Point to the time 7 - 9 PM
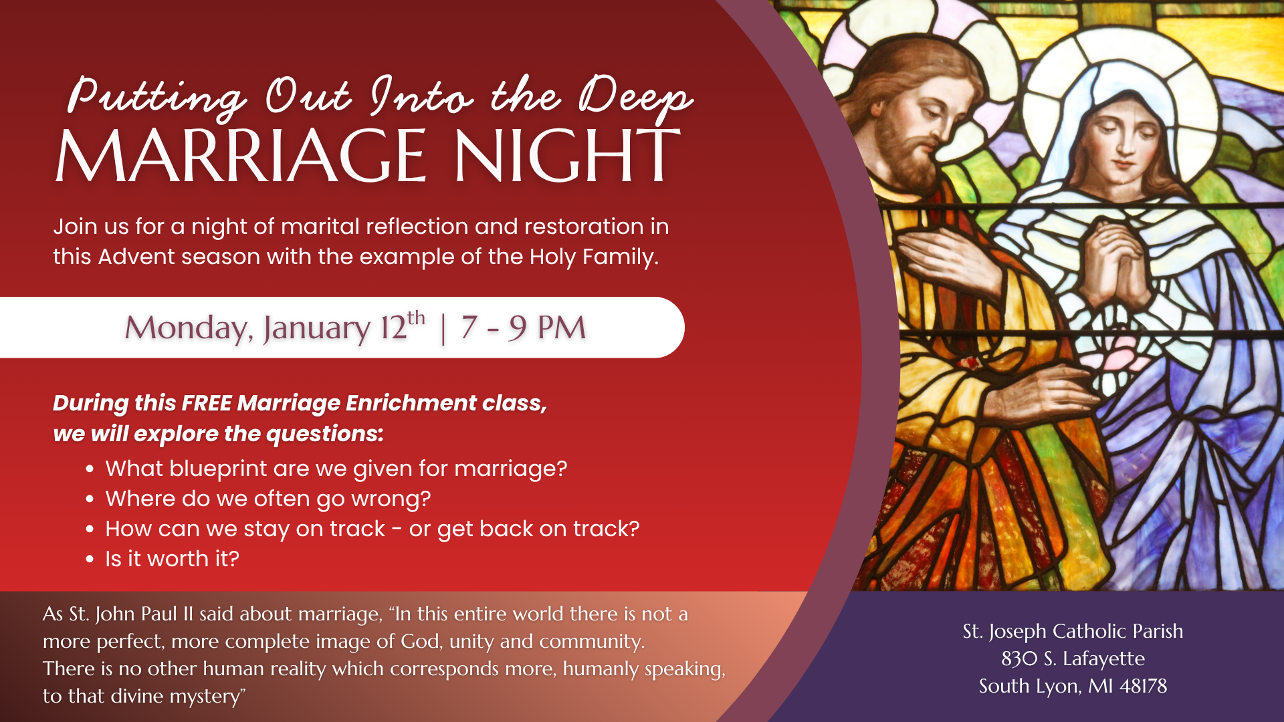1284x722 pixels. tap(523, 328)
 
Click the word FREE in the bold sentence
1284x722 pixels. tap(207, 403)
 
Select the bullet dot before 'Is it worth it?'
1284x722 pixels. tap(90, 560)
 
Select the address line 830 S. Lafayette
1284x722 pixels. tap(1073, 658)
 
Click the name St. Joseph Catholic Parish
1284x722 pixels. tap(1073, 631)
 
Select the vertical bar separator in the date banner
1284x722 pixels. tap(443, 328)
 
